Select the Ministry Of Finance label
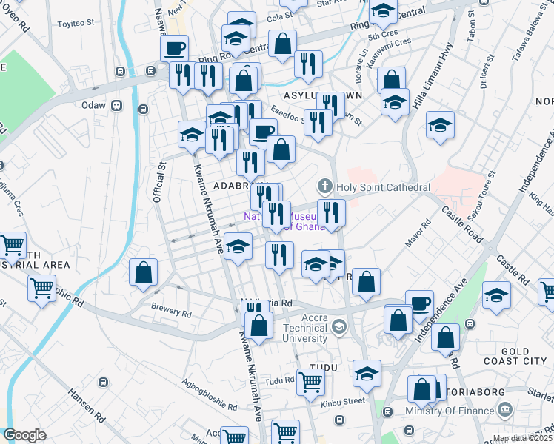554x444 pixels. tap(450, 411)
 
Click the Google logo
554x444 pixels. tap(24, 435)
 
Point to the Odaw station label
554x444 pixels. tap(100, 106)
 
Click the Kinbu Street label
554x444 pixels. tap(343, 400)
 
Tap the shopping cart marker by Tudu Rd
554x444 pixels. tap(310, 382)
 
